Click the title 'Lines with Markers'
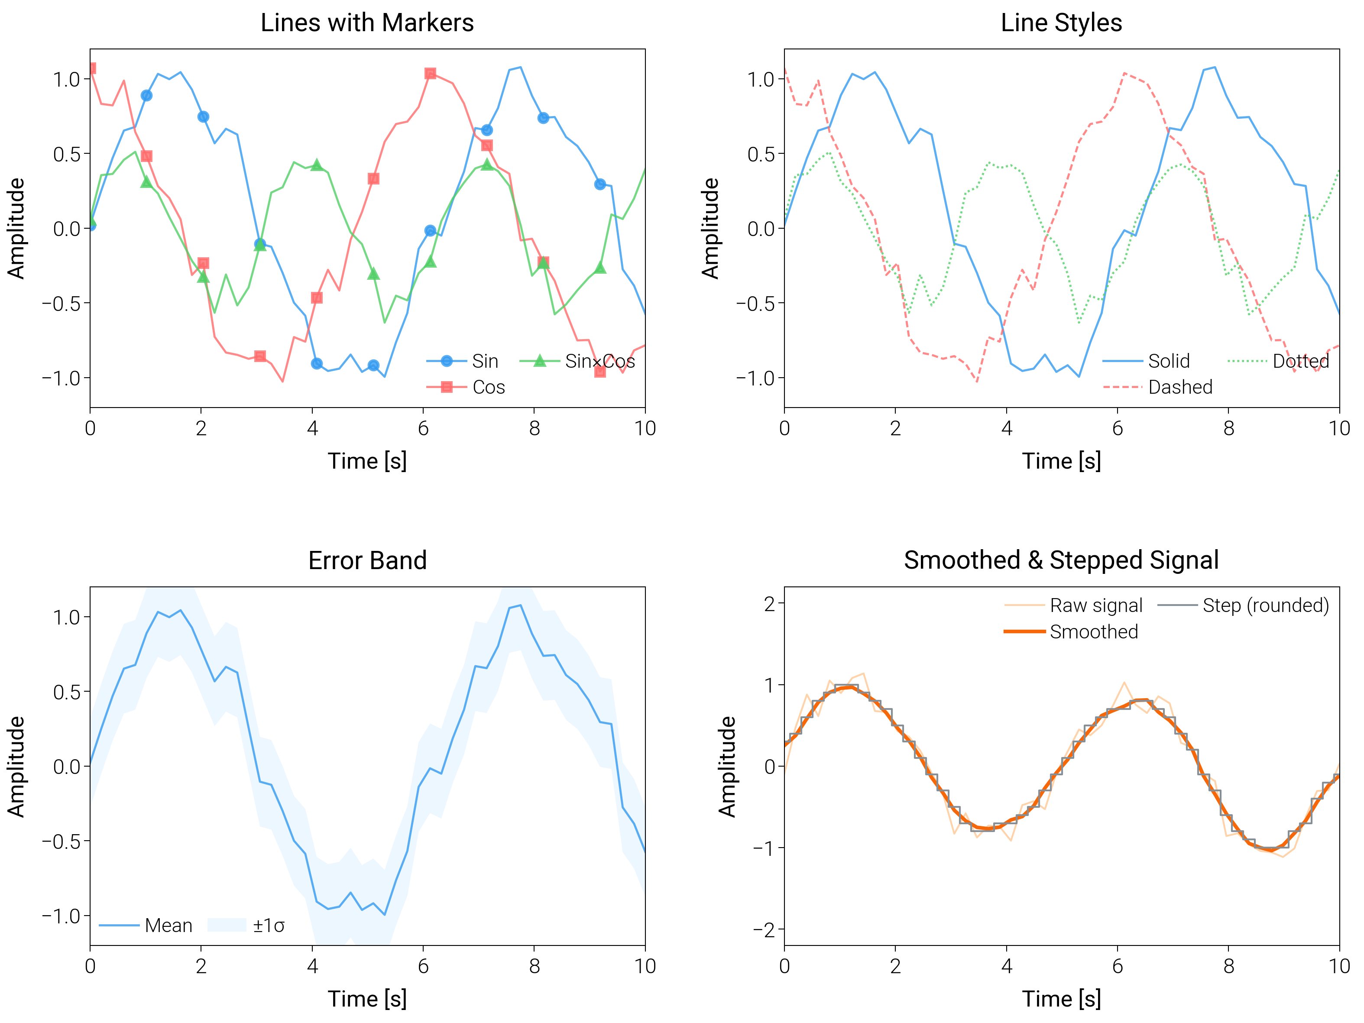click(367, 23)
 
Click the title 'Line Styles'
click(1061, 23)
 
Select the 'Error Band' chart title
click(367, 560)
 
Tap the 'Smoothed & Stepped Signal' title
click(1061, 560)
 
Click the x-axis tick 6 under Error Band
click(423, 966)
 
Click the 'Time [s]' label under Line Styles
click(1061, 461)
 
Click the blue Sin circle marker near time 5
click(373, 366)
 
